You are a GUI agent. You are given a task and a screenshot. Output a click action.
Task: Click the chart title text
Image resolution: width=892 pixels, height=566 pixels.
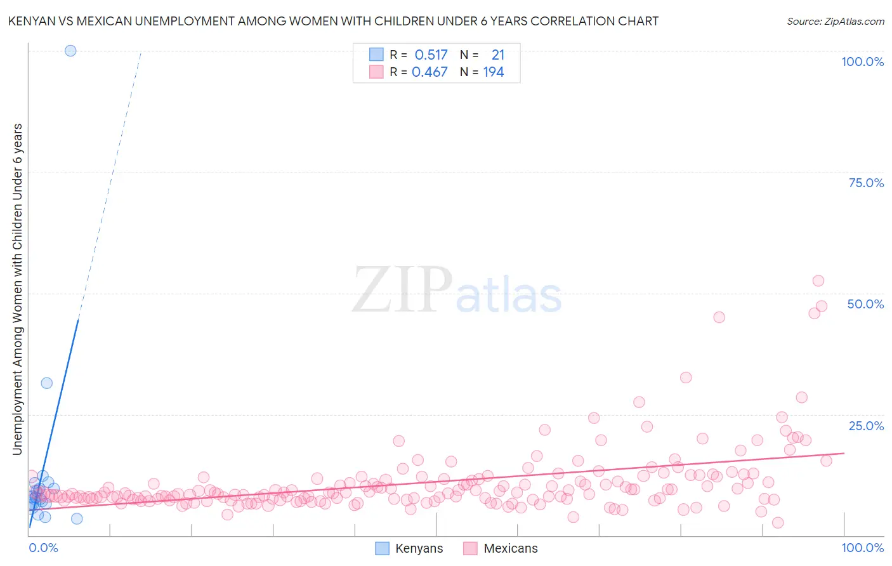pyautogui.click(x=333, y=21)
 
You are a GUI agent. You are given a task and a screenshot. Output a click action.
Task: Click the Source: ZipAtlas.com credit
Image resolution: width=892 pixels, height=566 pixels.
pyautogui.click(x=835, y=21)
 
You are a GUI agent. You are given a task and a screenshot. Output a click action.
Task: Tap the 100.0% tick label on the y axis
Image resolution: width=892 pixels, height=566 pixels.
pyautogui.click(x=862, y=62)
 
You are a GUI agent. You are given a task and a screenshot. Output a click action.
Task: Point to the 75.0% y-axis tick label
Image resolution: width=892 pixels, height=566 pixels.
pyautogui.click(x=866, y=183)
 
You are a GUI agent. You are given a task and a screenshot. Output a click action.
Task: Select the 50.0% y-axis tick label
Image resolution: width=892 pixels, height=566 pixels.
pyautogui.click(x=865, y=304)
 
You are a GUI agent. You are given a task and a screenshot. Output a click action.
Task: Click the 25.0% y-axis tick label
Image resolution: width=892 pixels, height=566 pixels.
pyautogui.click(x=866, y=426)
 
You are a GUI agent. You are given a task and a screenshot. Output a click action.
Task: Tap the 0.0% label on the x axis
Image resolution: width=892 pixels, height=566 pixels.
pyautogui.click(x=43, y=548)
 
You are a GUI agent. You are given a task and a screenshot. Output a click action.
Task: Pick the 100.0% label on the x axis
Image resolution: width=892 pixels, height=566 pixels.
pyautogui.click(x=862, y=548)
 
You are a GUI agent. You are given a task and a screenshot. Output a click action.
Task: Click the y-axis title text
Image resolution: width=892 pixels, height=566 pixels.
pyautogui.click(x=17, y=289)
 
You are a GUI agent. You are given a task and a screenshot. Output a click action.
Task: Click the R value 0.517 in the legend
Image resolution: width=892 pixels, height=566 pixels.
pyautogui.click(x=431, y=55)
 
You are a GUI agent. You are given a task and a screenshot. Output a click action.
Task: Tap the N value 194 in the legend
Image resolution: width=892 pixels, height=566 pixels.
pyautogui.click(x=494, y=72)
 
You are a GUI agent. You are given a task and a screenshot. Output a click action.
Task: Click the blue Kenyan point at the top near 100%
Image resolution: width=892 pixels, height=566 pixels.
pyautogui.click(x=70, y=51)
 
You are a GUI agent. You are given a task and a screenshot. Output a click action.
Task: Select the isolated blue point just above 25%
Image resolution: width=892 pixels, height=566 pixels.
pyautogui.click(x=46, y=383)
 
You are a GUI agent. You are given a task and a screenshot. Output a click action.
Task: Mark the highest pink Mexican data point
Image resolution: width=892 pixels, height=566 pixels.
pyautogui.click(x=818, y=281)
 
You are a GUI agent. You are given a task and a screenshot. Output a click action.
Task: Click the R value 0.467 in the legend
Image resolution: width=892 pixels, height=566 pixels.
pyautogui.click(x=430, y=72)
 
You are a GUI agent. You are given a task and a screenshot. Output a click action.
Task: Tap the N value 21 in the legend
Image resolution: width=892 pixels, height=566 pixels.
pyautogui.click(x=498, y=55)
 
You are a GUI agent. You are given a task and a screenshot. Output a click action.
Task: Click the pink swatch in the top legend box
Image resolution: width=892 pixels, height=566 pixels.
pyautogui.click(x=376, y=72)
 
